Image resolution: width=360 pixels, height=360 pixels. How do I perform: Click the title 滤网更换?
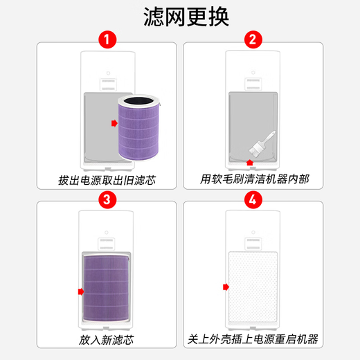point(179,17)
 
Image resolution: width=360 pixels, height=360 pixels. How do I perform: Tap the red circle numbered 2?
point(253,39)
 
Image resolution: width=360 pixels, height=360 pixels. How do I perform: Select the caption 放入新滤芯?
point(107,341)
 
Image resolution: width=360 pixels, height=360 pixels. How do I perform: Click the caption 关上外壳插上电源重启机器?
point(253,341)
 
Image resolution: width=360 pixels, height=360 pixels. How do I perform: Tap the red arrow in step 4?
point(224,287)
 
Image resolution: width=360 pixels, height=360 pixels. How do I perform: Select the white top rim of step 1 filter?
point(142,100)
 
